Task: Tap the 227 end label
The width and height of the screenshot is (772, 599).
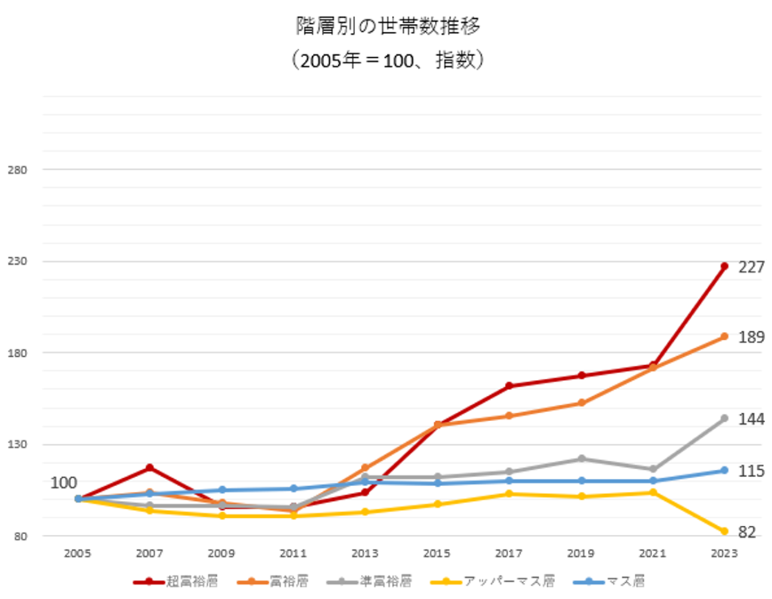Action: coord(752,267)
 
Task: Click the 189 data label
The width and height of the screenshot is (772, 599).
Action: coord(752,337)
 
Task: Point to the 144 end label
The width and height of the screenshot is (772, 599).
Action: coord(752,419)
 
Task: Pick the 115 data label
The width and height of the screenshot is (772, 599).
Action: coord(752,472)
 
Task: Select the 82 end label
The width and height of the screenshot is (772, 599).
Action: coord(746,533)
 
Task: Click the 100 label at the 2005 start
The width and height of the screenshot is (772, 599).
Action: coord(64,483)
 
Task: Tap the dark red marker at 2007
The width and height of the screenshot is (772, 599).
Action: coord(149,468)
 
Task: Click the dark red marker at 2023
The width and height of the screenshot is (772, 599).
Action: coord(724,266)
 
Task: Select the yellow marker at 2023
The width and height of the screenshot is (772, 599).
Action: coord(724,532)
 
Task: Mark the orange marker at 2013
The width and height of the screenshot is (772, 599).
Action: coord(365,468)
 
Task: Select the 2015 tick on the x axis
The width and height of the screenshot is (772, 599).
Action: coord(437,554)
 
